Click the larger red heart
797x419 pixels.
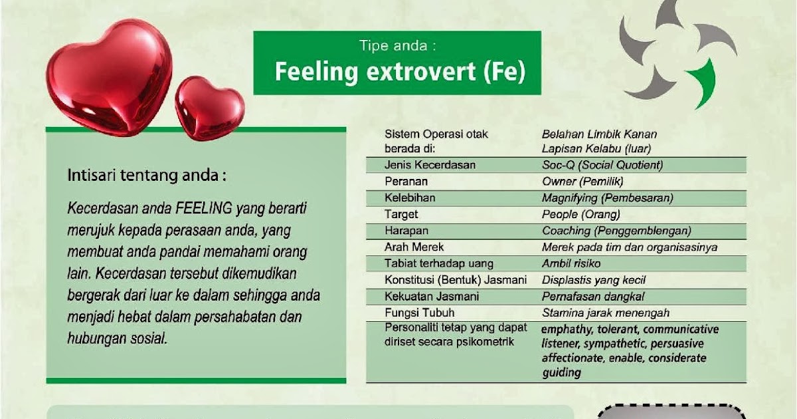(x=110, y=76)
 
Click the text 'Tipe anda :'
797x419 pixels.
(x=397, y=46)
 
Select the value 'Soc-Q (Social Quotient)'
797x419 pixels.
(x=602, y=165)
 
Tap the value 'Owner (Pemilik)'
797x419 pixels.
(x=582, y=181)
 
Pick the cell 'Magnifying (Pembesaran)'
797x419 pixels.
(x=607, y=198)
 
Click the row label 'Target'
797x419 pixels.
(x=401, y=214)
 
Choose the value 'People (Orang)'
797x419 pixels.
(x=580, y=214)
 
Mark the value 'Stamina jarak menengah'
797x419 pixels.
(x=605, y=313)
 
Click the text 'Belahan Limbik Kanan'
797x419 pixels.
(x=599, y=134)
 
